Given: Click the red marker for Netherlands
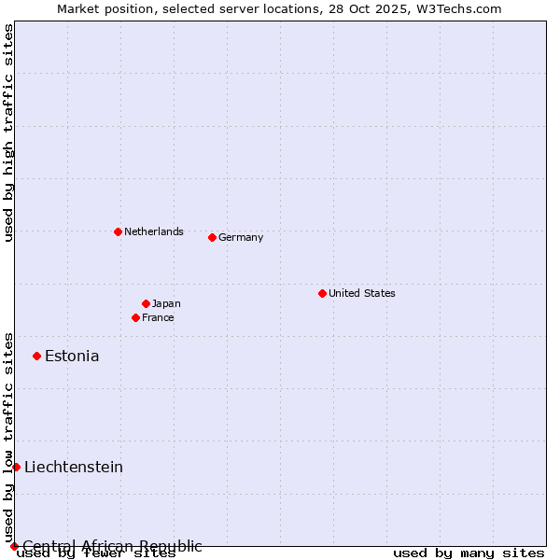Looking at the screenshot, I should pos(118,231).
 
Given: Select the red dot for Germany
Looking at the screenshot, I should pos(212,237).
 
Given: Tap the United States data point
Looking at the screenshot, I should pos(322,293).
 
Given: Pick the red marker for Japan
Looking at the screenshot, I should pos(146,303).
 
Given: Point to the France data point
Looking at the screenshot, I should pos(135,317).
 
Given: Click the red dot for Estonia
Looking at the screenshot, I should pos(36,356).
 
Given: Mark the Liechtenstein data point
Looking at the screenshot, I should pos(16,467).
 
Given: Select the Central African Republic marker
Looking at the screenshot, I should pos(14,546).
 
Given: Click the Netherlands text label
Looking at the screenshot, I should pos(154,231).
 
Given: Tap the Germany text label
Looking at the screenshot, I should pos(241,237).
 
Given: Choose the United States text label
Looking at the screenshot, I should pos(362,293).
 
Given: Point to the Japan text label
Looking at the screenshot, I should pos(166,303).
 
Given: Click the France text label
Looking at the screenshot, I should pos(158,317).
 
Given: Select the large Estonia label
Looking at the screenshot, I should pos(72,356).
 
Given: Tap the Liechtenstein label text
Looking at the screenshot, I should pos(74,467).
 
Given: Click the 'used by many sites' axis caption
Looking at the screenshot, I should pos(469,553).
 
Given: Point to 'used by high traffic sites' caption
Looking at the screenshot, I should pos(8,133).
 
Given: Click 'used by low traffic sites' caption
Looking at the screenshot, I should pos(8,437).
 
